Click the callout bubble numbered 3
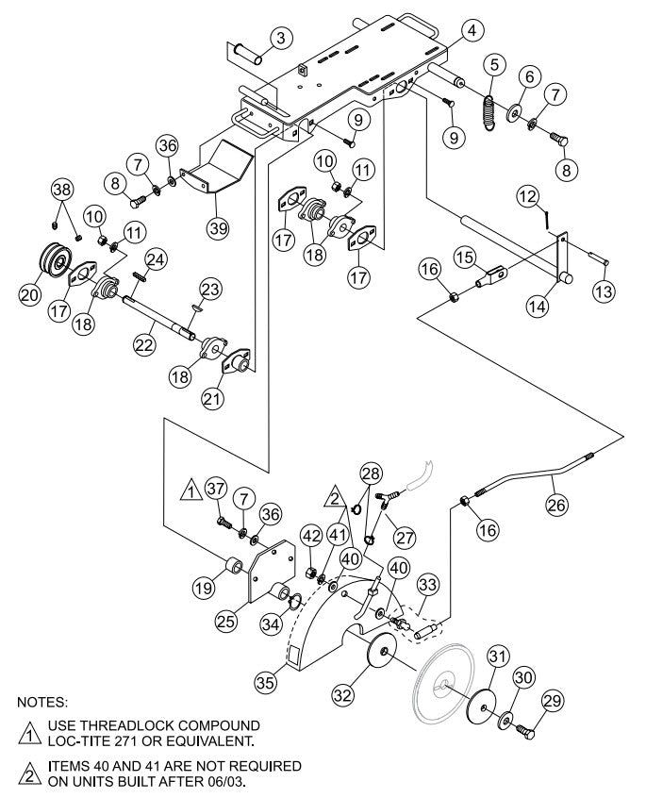pos(278,38)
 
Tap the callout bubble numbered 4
pos(473,30)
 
